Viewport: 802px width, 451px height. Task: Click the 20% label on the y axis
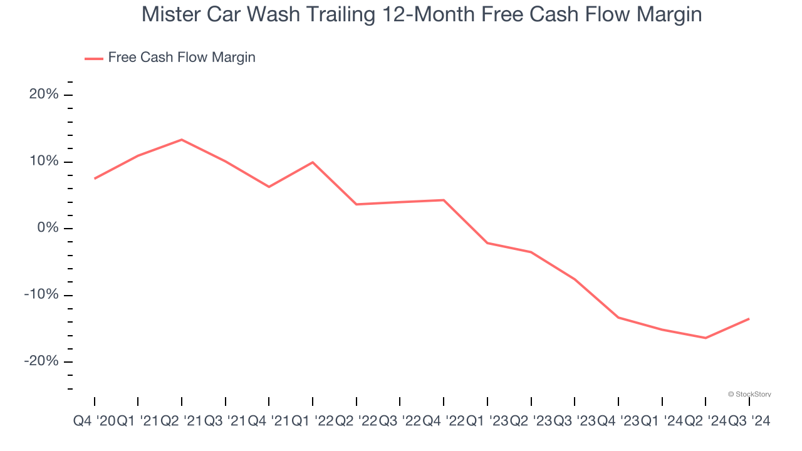coord(43,95)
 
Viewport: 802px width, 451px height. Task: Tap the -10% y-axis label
coord(41,295)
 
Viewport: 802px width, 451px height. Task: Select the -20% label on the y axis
coord(41,361)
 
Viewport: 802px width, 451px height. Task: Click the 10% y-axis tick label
coord(43,162)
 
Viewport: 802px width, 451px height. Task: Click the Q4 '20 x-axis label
coord(94,422)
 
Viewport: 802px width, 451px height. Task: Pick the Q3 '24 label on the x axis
coord(749,422)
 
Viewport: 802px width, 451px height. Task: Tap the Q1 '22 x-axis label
coord(312,422)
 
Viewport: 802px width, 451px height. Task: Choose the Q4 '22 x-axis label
coord(443,422)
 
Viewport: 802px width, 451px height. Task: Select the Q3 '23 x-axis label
coord(574,422)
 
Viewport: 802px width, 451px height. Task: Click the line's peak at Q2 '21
coord(182,140)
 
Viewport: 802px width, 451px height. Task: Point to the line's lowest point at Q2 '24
coord(706,338)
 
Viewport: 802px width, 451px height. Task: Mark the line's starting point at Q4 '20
coord(95,179)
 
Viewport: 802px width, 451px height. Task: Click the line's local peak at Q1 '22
coord(313,162)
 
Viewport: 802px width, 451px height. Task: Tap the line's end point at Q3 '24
coord(749,319)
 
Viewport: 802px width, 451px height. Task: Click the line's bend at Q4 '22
coord(444,200)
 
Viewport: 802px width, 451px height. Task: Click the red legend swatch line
coord(94,58)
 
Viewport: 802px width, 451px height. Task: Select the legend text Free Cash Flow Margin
coord(182,58)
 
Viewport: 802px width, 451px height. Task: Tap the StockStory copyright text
coord(749,394)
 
